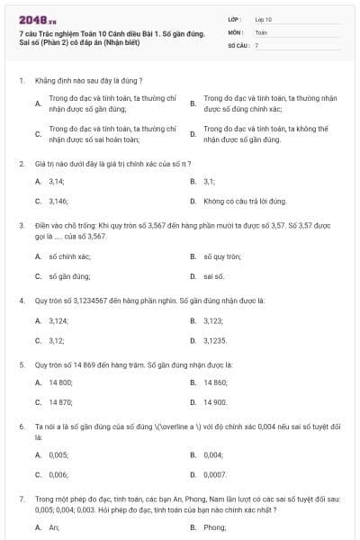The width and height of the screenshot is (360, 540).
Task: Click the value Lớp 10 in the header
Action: [x=263, y=18]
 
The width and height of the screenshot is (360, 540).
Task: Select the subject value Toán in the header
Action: [x=261, y=31]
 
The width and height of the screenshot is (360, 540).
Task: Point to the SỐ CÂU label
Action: [x=237, y=44]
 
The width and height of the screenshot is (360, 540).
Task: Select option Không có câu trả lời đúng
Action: [x=238, y=202]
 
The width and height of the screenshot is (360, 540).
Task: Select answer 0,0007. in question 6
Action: [x=215, y=473]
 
